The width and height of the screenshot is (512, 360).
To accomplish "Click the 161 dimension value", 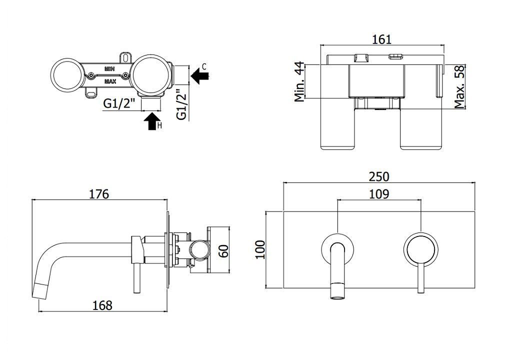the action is (x=381, y=39).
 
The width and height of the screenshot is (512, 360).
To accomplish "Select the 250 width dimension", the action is (x=379, y=176).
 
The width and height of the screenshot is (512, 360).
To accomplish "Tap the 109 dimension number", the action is (x=379, y=194).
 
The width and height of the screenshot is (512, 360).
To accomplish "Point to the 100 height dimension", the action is (x=260, y=249).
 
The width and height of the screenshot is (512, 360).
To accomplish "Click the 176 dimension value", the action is (x=99, y=194).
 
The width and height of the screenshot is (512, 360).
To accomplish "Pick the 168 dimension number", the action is (x=102, y=305).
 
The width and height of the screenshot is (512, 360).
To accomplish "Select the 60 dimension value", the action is (x=224, y=250).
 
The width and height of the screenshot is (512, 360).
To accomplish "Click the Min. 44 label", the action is (x=299, y=81).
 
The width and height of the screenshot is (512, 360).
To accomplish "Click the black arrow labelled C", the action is (x=199, y=76).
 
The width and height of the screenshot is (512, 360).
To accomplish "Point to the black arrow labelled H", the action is (x=152, y=121).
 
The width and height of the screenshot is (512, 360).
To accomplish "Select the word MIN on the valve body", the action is (x=109, y=69).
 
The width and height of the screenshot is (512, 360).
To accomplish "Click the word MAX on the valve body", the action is (x=110, y=81).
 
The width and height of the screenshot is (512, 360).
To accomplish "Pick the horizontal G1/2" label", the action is (x=119, y=103).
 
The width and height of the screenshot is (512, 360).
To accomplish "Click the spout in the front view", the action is (x=338, y=271).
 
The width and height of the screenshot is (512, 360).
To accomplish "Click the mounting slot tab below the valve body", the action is (x=92, y=93).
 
